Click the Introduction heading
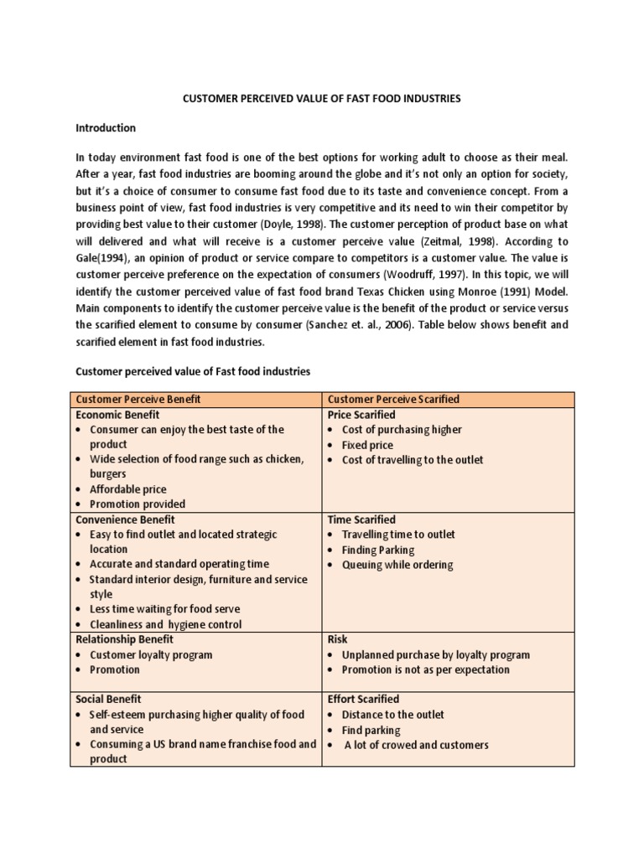[x=106, y=128]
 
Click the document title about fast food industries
[x=322, y=99]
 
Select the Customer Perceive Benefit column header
[x=138, y=399]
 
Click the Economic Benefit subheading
[x=117, y=415]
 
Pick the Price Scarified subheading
[x=361, y=415]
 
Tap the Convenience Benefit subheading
[x=125, y=519]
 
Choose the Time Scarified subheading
[x=361, y=519]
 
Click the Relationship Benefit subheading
[x=125, y=639]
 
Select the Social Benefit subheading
[x=109, y=699]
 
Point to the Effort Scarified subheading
[x=363, y=699]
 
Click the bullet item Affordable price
[x=127, y=489]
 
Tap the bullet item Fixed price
[x=367, y=445]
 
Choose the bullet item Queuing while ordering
[x=397, y=565]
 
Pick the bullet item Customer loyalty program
[x=151, y=654]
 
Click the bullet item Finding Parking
[x=377, y=550]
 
